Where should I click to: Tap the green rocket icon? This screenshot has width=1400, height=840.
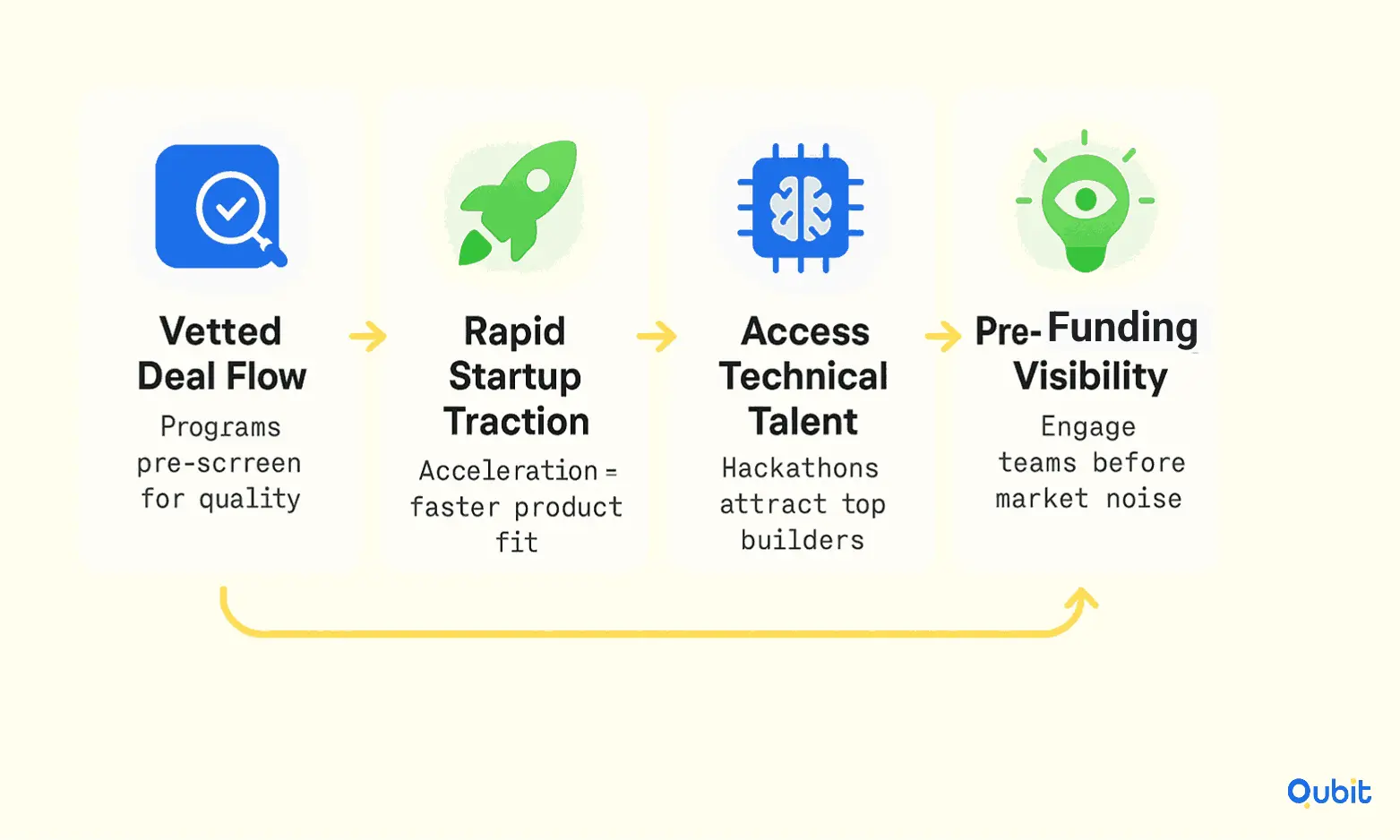point(518,201)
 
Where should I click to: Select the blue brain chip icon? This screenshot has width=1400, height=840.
point(801,208)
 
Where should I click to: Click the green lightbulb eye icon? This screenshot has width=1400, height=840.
point(1085,201)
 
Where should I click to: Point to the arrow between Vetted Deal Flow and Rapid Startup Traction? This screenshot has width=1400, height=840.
point(368,336)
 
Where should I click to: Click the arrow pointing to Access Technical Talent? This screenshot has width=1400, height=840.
point(657,336)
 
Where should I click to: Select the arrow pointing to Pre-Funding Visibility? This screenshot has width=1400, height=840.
point(943,336)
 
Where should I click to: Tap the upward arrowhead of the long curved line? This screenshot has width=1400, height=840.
point(1083,597)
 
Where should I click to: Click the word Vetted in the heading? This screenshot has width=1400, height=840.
point(220,330)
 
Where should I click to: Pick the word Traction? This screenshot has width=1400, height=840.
point(517,421)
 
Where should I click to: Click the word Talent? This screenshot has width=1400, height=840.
point(803,421)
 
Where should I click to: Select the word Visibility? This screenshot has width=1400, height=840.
point(1091,375)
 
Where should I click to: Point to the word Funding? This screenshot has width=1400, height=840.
point(1123,327)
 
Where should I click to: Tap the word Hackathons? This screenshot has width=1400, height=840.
point(801,468)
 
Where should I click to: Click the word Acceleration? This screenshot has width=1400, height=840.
point(509,471)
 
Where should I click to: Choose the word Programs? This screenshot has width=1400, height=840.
point(220,427)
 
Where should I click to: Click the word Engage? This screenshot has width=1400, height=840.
point(1088,427)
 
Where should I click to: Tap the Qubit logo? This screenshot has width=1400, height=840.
point(1329,793)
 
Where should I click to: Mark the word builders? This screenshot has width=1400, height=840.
point(803,540)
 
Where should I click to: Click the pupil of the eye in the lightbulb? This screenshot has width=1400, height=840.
point(1086,200)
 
